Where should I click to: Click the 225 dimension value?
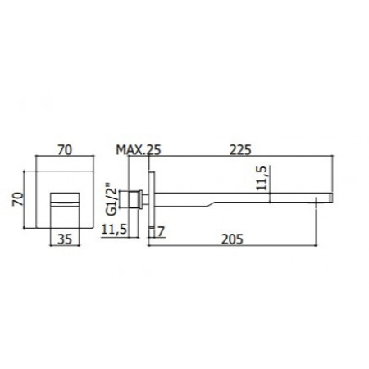pos(240,150)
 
